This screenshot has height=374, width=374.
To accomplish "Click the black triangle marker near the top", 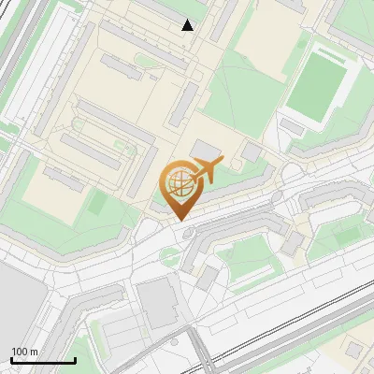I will coord(188,25).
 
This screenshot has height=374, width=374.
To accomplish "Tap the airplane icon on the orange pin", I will coord(207,169).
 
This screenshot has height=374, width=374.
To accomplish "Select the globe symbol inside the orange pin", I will coord(179,183).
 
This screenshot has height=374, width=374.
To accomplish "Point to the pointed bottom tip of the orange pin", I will coord(179,219).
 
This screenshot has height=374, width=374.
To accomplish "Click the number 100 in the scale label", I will coord(20,352).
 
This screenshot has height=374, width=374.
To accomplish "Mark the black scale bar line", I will coord(43,360).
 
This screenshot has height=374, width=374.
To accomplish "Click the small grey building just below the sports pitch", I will coord(292,126).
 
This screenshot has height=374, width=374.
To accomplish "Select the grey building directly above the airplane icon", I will coord(207,150).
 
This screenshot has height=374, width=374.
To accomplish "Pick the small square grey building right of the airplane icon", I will coord(252,152).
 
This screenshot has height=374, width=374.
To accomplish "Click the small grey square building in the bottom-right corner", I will coord(353,350).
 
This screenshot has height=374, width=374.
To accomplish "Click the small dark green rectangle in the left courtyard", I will coord(96,203).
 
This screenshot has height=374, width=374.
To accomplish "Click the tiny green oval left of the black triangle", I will coord(143,61).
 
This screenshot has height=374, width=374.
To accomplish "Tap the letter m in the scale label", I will coord(34,352).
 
